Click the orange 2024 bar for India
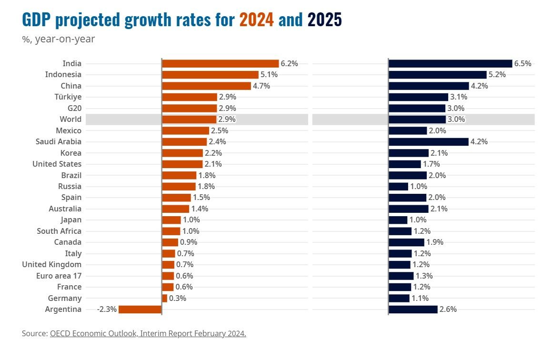tap(220, 63)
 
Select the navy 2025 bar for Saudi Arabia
tap(428, 141)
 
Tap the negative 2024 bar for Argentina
tap(140, 310)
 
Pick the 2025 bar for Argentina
tap(413, 310)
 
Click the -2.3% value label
tap(107, 310)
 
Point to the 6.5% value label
tap(522, 63)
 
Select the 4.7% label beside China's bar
tap(261, 86)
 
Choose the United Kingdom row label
tap(51, 265)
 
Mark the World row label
tap(70, 119)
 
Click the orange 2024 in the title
tap(256, 20)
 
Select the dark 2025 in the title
tap(324, 20)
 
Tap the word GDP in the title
tap(37, 20)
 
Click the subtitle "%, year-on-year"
tap(58, 39)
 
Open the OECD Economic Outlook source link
tap(148, 333)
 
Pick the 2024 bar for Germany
tap(165, 298)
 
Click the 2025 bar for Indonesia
tap(437, 75)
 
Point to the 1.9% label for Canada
tap(435, 242)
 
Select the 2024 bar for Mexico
tap(185, 130)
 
